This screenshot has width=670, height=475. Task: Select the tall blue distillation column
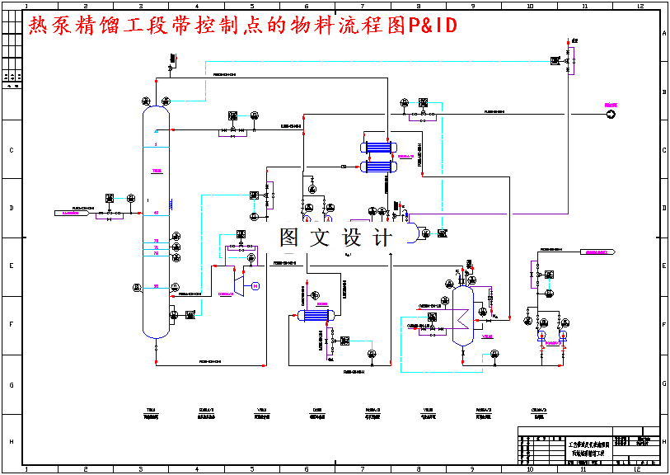pos(156,219)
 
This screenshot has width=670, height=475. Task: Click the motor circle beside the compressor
pos(255,286)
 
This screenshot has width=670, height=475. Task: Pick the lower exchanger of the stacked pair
pos(377,167)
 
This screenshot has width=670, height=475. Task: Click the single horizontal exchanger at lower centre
pos(310,314)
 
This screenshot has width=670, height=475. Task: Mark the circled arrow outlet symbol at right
pos(611,115)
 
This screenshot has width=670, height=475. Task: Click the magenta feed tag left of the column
pos(73,212)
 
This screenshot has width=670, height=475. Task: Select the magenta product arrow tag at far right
pos(598,252)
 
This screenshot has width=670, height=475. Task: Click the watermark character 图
pos(290,237)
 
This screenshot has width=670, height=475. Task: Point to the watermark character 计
pos(382,237)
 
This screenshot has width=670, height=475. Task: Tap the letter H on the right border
pos(663,441)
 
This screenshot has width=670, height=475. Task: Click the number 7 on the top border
pos(362,6)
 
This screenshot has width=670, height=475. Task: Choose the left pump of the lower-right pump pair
pos(541,336)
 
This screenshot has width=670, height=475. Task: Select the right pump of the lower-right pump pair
pos(563,336)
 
